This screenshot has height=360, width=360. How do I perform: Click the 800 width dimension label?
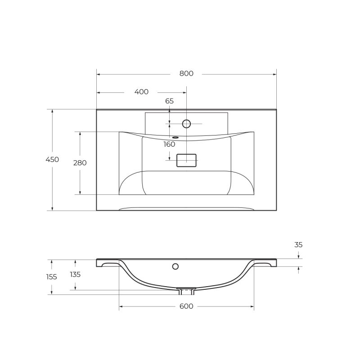tap(186, 74)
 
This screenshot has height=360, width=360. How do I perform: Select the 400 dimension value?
tap(141, 92)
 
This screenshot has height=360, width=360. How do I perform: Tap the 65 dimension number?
tap(169, 101)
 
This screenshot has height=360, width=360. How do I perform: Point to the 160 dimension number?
tap(169, 144)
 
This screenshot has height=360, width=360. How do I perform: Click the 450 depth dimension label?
tap(52, 160)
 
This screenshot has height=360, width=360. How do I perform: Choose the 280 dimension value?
tap(80, 163)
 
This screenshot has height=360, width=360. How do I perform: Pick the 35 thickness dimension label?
tap(298, 245)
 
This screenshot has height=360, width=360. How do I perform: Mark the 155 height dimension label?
tap(52, 277)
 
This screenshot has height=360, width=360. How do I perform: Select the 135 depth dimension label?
tap(75, 274)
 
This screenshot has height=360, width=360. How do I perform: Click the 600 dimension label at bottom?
tap(186, 306)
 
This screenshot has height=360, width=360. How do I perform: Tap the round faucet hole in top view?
tap(186, 124)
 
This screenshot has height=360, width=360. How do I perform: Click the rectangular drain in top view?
tap(186, 160)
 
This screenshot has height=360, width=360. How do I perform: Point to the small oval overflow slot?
tap(175, 138)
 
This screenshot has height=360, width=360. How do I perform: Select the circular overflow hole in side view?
tap(175, 266)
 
